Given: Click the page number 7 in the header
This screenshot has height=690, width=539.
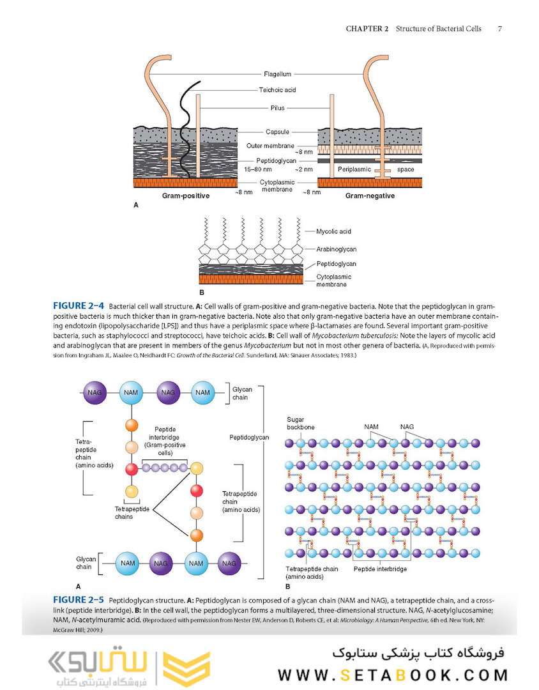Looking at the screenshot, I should coord(500,29).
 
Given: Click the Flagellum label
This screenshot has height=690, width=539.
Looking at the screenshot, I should coord(277,74).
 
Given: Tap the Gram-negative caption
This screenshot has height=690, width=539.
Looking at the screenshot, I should coord(370,195).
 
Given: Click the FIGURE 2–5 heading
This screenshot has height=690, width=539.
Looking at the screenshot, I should coord(79,601).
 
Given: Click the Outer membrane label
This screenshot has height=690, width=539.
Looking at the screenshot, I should coord(269,146).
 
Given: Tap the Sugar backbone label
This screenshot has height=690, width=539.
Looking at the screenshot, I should coord(301,423).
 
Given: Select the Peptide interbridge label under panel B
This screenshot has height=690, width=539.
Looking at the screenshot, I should coord(380,569).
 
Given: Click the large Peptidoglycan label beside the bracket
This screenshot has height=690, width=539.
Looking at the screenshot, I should coord(250,438).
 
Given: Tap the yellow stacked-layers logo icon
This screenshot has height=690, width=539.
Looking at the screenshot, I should coord(186,668).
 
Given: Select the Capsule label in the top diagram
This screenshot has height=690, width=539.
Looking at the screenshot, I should coord(277,132).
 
